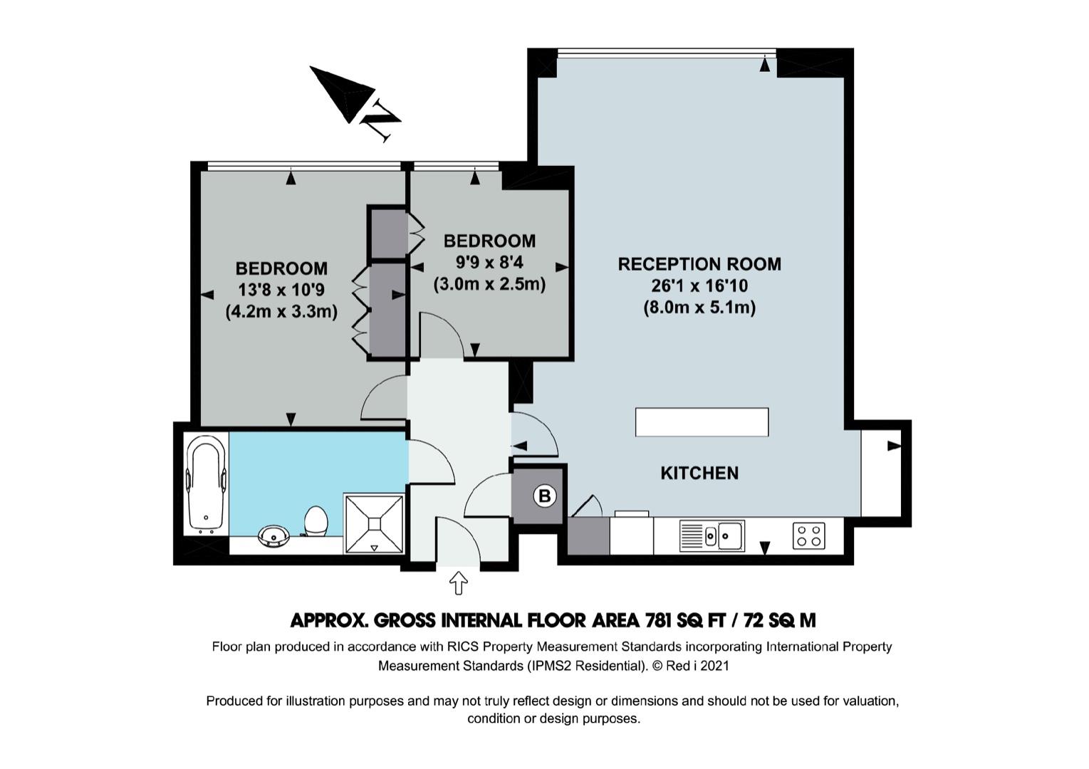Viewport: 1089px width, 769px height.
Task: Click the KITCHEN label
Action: pyautogui.click(x=699, y=473)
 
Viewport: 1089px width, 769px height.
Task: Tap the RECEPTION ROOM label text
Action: pyautogui.click(x=699, y=264)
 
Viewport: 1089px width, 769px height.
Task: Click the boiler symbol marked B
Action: pyautogui.click(x=544, y=496)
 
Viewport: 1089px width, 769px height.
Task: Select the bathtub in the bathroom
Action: pyautogui.click(x=206, y=485)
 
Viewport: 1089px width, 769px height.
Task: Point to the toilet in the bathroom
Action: pyautogui.click(x=316, y=521)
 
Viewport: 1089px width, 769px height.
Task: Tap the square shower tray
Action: pyautogui.click(x=374, y=524)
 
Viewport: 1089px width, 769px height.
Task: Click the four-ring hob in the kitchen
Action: pyautogui.click(x=809, y=535)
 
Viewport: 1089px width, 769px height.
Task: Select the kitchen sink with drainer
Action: pyautogui.click(x=712, y=535)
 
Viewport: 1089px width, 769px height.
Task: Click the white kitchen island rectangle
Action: pyautogui.click(x=702, y=422)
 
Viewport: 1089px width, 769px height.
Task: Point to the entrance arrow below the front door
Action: pyautogui.click(x=458, y=583)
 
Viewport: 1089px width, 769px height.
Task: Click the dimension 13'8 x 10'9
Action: pyautogui.click(x=281, y=291)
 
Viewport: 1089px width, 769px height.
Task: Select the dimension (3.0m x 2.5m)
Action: pyautogui.click(x=489, y=284)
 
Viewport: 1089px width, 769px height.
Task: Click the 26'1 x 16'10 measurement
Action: pyautogui.click(x=699, y=286)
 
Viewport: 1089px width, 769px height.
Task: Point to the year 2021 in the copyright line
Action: pyautogui.click(x=714, y=666)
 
